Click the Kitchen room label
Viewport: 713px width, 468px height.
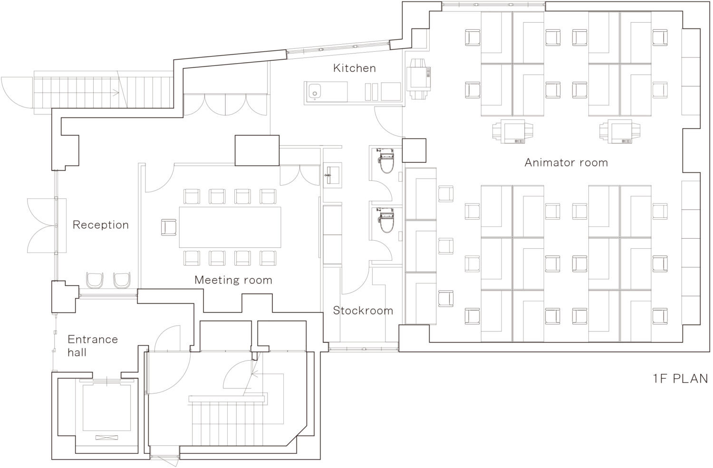354,68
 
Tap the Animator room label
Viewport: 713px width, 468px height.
566,163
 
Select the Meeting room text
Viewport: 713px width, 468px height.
233,280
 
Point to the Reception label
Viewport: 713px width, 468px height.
101,225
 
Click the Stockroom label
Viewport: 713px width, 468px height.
363,310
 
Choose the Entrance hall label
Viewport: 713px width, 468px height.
93,346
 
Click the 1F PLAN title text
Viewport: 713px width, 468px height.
681,379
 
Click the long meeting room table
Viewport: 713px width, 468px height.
230,227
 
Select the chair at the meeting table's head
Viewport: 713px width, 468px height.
169,227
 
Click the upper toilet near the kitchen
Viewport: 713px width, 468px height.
386,160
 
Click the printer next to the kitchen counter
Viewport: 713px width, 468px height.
419,78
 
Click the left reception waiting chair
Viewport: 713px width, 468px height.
95,280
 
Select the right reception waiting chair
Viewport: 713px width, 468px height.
122,280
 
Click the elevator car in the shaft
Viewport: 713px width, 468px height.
107,408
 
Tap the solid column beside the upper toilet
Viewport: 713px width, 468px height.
414,150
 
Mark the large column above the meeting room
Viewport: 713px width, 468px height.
257,150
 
